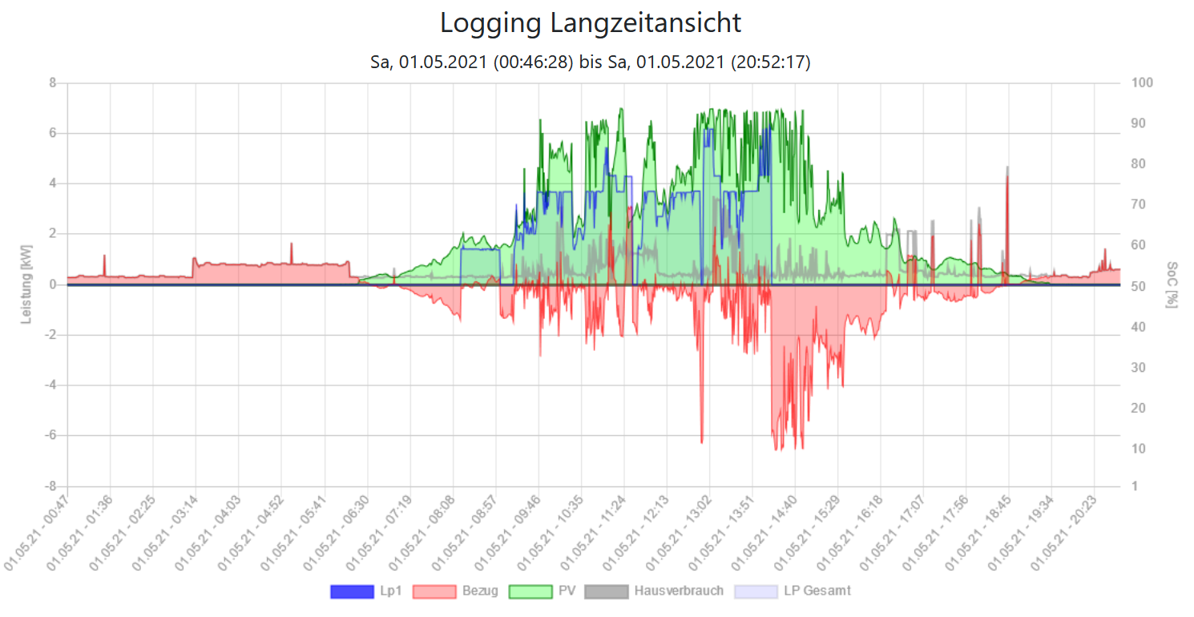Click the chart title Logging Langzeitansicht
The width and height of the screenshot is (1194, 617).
tap(591, 23)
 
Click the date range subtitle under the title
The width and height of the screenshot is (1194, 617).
tap(591, 63)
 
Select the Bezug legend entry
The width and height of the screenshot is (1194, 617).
tap(455, 591)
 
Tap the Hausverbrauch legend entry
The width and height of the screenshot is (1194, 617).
tap(654, 591)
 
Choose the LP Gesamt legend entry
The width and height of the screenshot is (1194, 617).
tap(792, 591)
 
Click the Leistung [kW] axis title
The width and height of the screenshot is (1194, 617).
tap(26, 284)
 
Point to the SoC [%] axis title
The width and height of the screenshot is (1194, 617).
tap(1172, 284)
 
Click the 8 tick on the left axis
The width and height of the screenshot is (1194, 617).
tap(52, 83)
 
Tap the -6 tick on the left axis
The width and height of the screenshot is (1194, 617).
tap(50, 436)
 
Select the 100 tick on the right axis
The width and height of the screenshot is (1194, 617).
tap(1141, 83)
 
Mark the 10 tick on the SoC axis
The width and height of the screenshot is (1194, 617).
tap(1138, 449)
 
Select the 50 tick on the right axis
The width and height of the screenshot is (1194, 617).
tap(1138, 286)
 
